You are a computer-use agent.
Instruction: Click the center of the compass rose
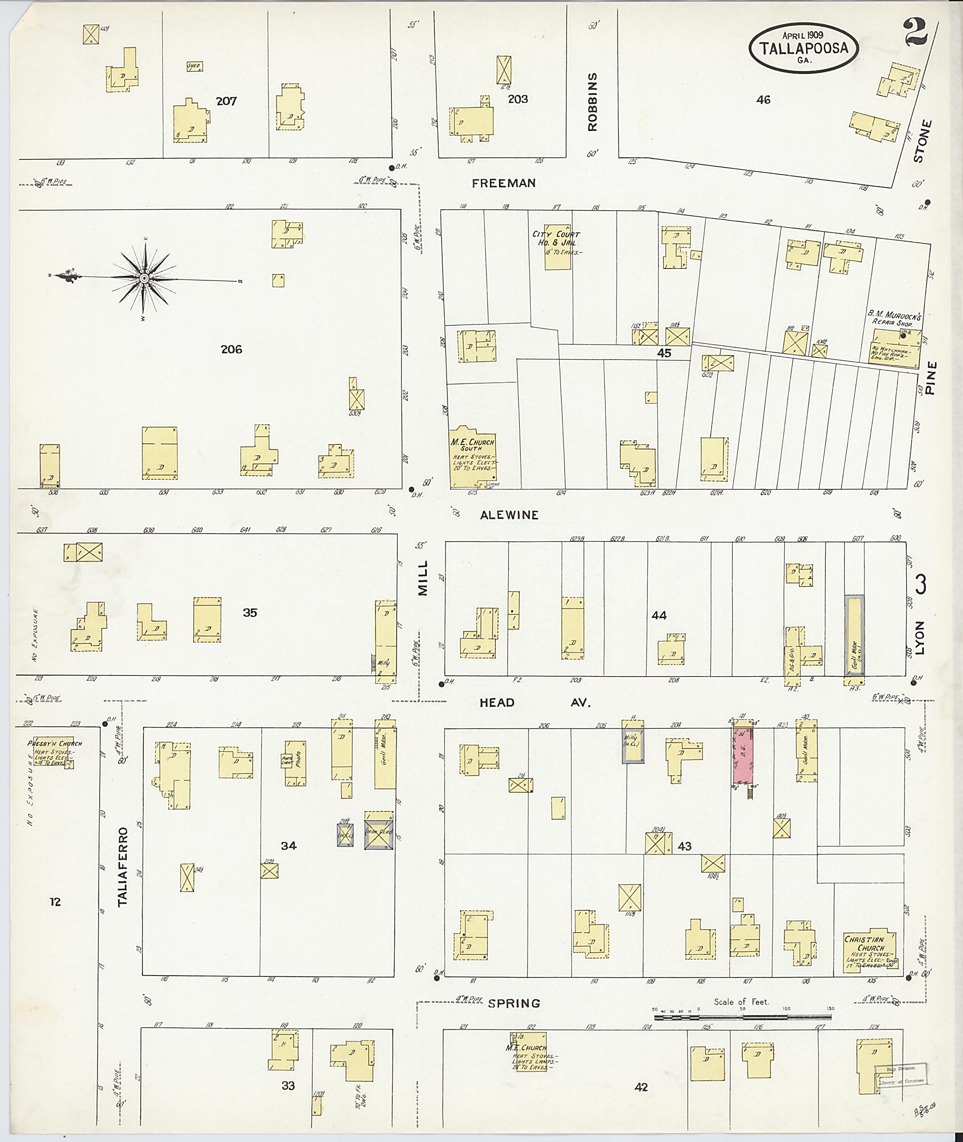144,279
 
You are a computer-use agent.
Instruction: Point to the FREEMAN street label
503,183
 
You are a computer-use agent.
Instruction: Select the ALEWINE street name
509,515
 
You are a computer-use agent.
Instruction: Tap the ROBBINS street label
593,102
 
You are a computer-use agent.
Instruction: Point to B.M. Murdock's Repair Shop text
895,319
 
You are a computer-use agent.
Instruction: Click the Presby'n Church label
55,743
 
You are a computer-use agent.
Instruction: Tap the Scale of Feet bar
743,1017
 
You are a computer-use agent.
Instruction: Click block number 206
231,349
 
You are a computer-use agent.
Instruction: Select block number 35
250,613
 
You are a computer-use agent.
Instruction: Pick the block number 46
763,100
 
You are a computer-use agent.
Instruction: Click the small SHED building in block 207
194,66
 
